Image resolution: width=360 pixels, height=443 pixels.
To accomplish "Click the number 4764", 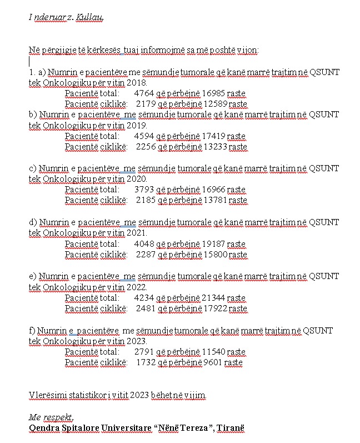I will tap(144, 93).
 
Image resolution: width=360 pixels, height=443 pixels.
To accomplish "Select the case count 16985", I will tap(213, 93).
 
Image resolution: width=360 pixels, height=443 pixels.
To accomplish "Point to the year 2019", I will tap(136, 125).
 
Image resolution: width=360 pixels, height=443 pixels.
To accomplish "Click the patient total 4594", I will tap(144, 136).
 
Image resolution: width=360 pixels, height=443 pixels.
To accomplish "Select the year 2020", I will tap(136, 179).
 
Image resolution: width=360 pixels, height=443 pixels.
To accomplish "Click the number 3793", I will tap(144, 190).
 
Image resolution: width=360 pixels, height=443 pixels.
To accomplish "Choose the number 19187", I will tap(213, 244).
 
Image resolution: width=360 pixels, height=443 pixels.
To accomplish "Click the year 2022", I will tap(136, 287).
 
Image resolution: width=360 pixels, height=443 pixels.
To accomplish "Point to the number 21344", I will tap(213, 298).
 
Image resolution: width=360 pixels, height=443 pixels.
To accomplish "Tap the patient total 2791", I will tap(144, 352).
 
